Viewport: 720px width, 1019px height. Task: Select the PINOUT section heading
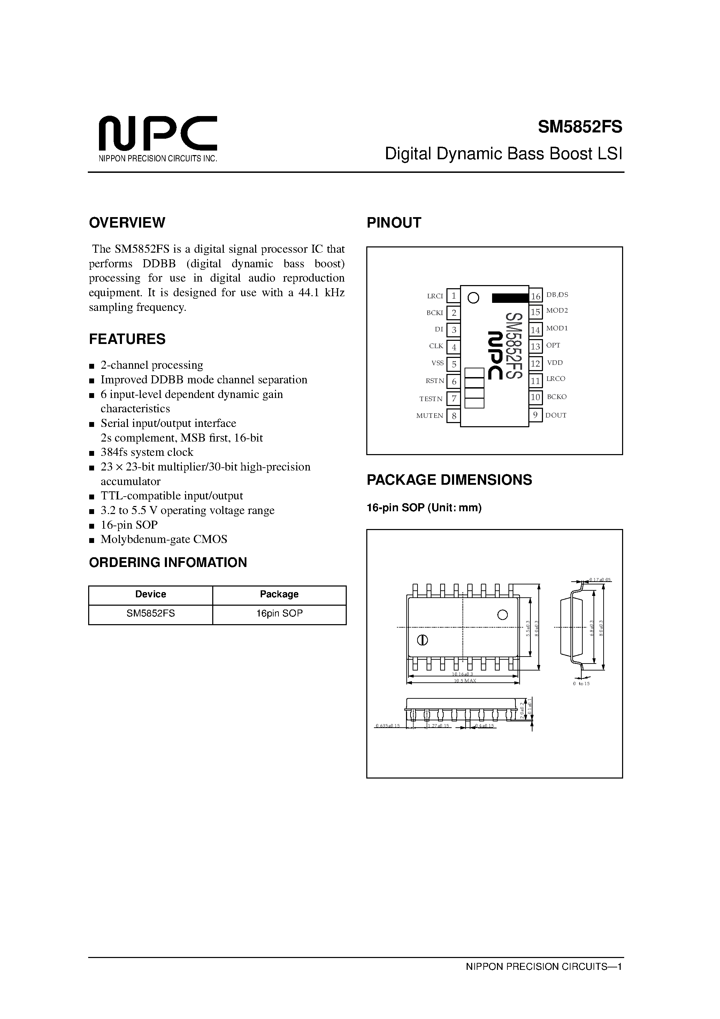click(393, 222)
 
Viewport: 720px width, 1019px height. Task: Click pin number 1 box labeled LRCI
click(453, 296)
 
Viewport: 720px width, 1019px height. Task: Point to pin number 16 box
click(536, 296)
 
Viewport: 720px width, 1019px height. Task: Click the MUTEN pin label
click(429, 416)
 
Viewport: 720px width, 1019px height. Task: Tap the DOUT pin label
click(556, 415)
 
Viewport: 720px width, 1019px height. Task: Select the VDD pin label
click(555, 362)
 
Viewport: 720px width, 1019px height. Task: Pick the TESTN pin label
click(431, 399)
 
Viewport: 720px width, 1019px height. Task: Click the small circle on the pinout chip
click(474, 298)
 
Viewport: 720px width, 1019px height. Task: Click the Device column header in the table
click(151, 594)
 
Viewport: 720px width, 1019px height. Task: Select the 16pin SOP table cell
click(279, 613)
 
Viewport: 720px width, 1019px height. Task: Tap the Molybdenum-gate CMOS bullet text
click(164, 539)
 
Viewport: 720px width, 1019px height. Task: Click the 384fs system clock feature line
click(147, 452)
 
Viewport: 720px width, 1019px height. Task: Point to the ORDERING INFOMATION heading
click(168, 562)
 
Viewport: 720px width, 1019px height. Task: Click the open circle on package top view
click(503, 615)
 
